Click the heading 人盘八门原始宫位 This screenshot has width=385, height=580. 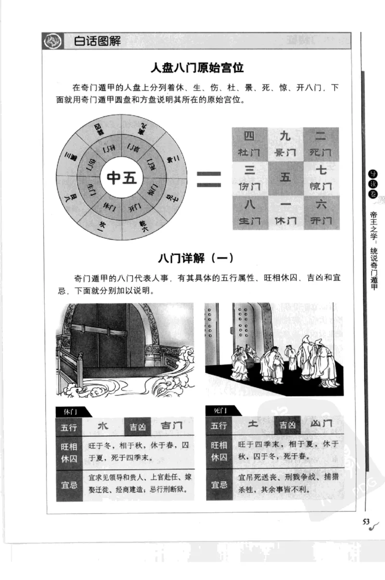pyautogui.click(x=198, y=68)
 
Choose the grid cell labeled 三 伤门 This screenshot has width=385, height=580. pyautogui.click(x=249, y=178)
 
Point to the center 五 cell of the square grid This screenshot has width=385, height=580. pyautogui.click(x=285, y=178)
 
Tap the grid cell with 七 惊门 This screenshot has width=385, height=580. pyautogui.click(x=321, y=178)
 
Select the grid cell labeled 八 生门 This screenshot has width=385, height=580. pyautogui.click(x=249, y=212)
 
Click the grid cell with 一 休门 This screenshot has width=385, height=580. pyautogui.click(x=285, y=212)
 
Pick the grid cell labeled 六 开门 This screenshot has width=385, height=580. pyautogui.click(x=321, y=212)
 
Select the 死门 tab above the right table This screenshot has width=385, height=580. pyautogui.click(x=219, y=411)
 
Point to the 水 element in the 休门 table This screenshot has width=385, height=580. pyautogui.click(x=103, y=426)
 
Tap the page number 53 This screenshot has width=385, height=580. pyautogui.click(x=365, y=522)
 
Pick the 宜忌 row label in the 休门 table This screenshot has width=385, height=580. pyautogui.click(x=69, y=485)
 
